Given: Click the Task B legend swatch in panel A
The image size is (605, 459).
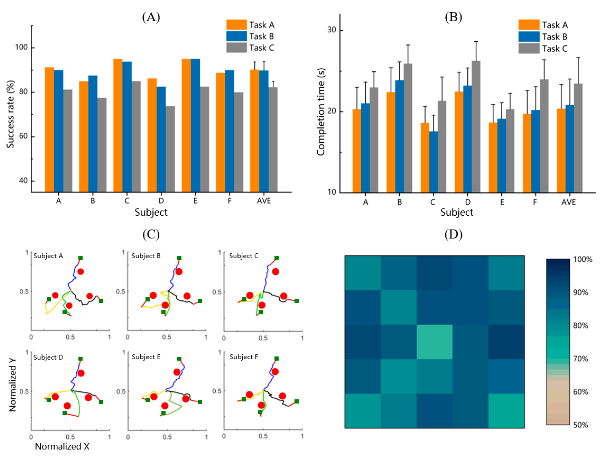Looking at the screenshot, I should point(236,36).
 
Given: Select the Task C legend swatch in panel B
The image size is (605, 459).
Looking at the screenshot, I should point(529,49).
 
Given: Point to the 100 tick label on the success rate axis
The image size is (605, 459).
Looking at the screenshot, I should point(21,47).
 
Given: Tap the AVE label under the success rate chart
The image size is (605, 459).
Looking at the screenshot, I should point(264,201).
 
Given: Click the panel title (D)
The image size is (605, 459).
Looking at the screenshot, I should point(453,234).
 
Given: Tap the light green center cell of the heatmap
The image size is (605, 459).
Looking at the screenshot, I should point(434,342).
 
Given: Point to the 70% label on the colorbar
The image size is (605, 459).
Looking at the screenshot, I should point(580,359).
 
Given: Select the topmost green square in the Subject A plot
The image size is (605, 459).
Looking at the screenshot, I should point(80,258).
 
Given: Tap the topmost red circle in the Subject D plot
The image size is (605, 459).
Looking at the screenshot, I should point(81,373).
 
